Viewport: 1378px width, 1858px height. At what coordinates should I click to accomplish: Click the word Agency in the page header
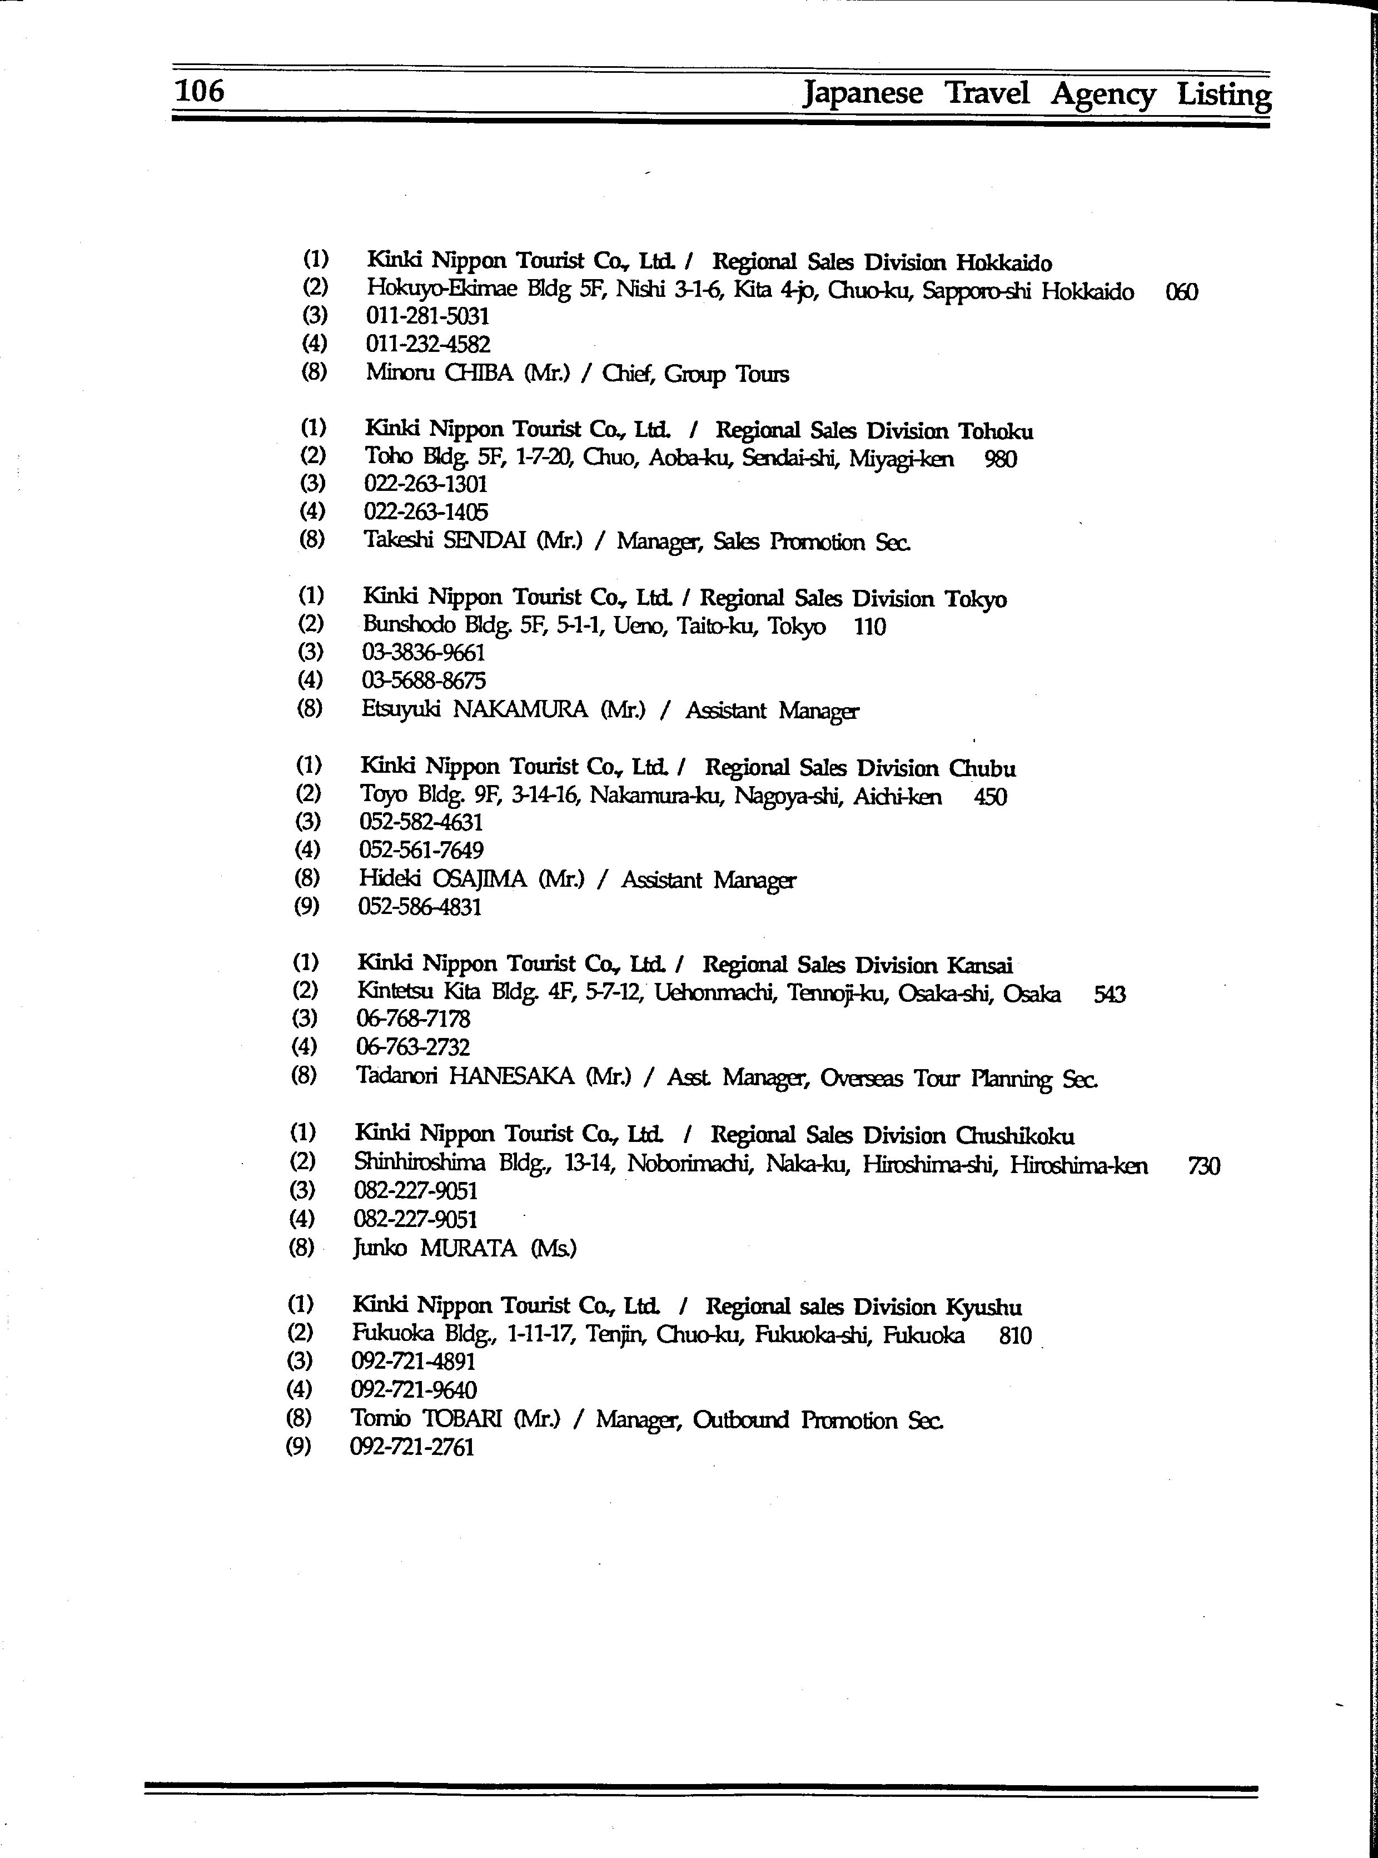pyautogui.click(x=1103, y=95)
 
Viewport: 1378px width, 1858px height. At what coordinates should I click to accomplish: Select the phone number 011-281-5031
pyautogui.click(x=427, y=316)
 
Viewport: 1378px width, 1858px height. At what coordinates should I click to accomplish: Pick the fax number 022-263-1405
pyautogui.click(x=425, y=511)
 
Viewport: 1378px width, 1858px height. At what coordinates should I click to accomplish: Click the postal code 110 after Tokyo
pyautogui.click(x=869, y=627)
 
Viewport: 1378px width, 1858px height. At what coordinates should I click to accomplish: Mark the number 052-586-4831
pyautogui.click(x=420, y=907)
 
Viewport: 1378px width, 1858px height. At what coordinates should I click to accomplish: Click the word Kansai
pyautogui.click(x=979, y=965)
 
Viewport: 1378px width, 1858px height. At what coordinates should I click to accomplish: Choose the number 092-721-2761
pyautogui.click(x=412, y=1447)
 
